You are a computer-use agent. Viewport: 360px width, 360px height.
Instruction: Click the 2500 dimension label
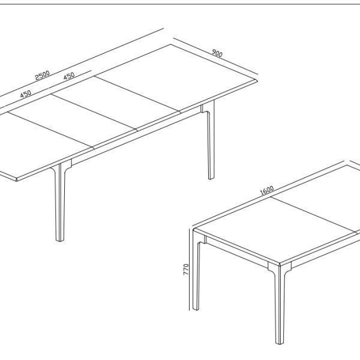(42, 75)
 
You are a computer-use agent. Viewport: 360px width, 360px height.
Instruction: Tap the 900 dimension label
(217, 53)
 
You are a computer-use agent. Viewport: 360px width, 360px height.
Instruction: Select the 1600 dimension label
(267, 190)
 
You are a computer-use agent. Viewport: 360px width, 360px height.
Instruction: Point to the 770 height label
(186, 269)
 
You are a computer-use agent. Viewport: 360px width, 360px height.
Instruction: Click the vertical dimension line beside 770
(189, 269)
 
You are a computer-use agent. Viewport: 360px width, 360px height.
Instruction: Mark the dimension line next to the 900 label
(216, 56)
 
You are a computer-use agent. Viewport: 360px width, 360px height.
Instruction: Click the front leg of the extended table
(60, 202)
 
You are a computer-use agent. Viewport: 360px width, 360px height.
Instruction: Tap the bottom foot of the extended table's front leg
(60, 239)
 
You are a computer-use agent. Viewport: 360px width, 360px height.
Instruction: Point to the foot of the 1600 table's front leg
(280, 343)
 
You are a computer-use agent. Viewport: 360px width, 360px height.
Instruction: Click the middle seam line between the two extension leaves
(94, 112)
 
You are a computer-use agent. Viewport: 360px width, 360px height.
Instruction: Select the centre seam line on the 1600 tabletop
(314, 215)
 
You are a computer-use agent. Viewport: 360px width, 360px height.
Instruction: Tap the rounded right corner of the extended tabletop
(256, 80)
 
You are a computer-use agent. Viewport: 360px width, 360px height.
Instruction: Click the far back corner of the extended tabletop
(171, 44)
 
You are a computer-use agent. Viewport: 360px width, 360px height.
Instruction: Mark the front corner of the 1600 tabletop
(280, 264)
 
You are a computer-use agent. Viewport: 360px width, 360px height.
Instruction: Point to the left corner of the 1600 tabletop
(194, 229)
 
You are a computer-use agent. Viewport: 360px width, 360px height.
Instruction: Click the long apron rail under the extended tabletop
(136, 136)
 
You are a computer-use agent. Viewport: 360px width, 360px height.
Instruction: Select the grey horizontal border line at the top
(180, 4)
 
